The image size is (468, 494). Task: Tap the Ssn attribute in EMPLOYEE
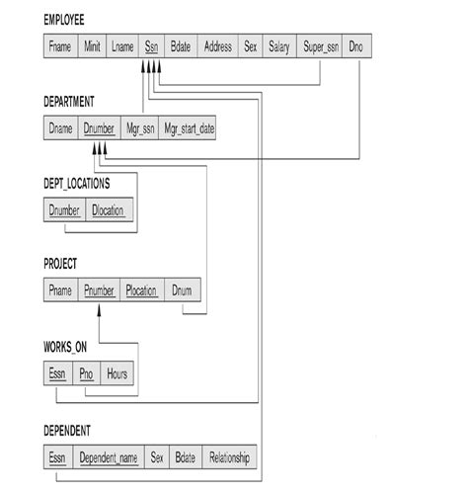click(x=151, y=46)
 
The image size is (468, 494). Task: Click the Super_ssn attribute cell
click(x=319, y=46)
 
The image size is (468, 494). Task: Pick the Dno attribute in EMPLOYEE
click(x=356, y=46)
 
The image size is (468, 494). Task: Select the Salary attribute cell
click(x=279, y=46)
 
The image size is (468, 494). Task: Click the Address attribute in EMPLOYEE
click(x=217, y=46)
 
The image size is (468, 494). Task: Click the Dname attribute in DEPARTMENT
click(x=61, y=128)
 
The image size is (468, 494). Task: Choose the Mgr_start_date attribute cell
click(x=190, y=128)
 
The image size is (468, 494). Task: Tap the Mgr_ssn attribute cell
click(x=138, y=128)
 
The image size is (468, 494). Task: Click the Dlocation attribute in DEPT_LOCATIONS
click(x=108, y=209)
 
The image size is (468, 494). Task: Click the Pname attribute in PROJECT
click(x=61, y=290)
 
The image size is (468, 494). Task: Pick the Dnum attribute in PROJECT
click(x=182, y=290)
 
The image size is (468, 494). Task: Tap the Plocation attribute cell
click(x=141, y=290)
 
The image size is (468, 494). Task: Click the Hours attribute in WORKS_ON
click(x=117, y=374)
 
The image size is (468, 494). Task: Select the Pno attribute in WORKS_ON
click(x=86, y=374)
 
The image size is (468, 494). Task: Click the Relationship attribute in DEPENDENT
click(x=229, y=456)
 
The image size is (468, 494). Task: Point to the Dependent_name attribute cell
click(x=105, y=456)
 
